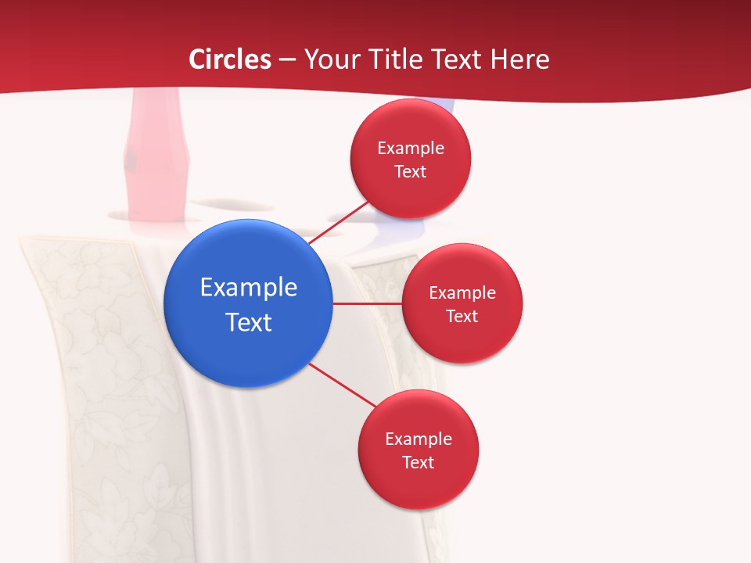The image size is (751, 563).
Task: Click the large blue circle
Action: click(249, 303)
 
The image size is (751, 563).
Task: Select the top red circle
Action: click(410, 159)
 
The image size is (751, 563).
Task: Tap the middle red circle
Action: click(462, 303)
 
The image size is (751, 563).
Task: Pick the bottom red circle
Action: click(418, 450)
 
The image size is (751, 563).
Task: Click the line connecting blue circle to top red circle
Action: click(338, 223)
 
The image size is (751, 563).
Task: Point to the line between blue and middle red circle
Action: click(368, 303)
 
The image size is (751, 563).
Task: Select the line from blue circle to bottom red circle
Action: click(343, 385)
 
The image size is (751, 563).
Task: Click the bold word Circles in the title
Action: click(230, 59)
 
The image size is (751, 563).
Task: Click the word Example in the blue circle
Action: click(249, 287)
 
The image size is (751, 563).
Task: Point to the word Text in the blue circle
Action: click(249, 321)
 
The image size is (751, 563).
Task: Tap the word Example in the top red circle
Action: click(410, 148)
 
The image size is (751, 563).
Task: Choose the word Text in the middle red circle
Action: click(462, 316)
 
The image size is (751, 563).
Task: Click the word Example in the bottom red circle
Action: click(418, 439)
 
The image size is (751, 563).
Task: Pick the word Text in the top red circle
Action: click(410, 171)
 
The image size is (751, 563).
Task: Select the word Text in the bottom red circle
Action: click(418, 462)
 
